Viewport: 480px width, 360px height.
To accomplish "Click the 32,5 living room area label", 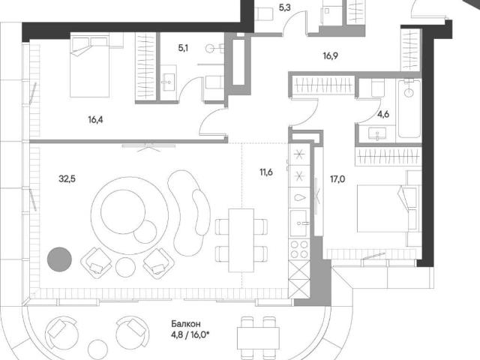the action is pos(67,178).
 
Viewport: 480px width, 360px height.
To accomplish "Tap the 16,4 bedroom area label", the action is pos(95,120).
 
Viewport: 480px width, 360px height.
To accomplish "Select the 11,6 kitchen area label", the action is pos(266,172).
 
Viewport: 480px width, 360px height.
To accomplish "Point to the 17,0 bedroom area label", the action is pos(337,179).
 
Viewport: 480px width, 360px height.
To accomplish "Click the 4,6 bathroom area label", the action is pos(383,115).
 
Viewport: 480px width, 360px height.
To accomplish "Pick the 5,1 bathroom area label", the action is pos(183,48).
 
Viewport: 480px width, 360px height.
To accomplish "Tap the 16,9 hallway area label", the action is pos(331,56).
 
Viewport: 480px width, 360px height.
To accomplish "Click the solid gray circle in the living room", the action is pos(59,259).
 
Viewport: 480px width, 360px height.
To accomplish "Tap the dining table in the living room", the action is pos(241,240).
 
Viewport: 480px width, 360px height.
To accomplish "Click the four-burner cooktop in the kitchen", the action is pos(299,249).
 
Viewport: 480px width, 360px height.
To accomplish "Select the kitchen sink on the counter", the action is pos(298,223).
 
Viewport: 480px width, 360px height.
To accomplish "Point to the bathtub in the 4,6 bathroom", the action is pos(409,108).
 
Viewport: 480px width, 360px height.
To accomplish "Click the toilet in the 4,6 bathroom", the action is pos(378,87).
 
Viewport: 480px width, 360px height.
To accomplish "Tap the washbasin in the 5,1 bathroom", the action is pos(168,82).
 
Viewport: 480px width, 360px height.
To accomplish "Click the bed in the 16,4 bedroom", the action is pos(90,67).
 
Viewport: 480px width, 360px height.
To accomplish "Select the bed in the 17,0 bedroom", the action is pos(387,208).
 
